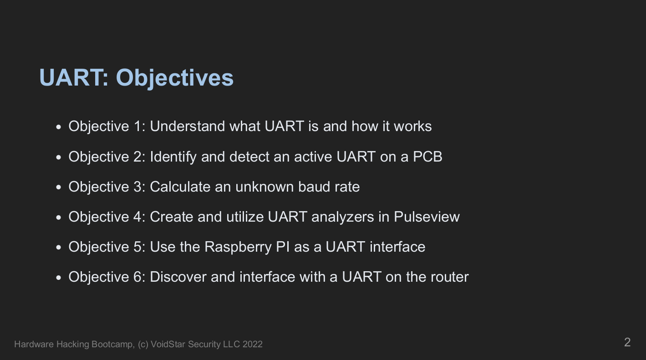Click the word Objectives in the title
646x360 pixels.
174,78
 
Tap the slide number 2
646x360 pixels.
627,342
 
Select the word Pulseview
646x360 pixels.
427,217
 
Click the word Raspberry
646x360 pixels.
238,247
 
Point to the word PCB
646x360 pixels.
427,157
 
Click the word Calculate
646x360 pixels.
180,187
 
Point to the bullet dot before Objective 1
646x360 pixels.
59,127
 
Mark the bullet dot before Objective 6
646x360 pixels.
59,278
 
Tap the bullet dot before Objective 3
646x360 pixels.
59,188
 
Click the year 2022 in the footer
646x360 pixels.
252,344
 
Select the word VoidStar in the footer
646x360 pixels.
168,344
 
